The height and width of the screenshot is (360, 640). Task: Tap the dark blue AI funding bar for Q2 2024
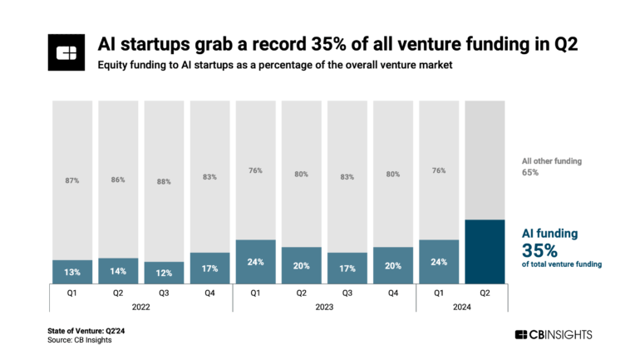point(485,251)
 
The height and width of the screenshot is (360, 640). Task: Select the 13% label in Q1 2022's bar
point(72,271)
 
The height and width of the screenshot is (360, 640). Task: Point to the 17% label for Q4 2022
point(209,268)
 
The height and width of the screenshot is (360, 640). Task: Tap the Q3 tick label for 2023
point(347,292)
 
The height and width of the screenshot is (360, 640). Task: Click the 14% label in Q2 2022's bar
point(118,271)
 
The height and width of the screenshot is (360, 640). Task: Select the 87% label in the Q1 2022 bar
point(72,180)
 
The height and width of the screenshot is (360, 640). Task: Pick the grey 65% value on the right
point(530,172)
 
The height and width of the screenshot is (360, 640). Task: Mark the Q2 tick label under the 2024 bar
point(485,292)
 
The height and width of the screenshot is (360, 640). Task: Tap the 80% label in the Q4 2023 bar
point(393,174)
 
